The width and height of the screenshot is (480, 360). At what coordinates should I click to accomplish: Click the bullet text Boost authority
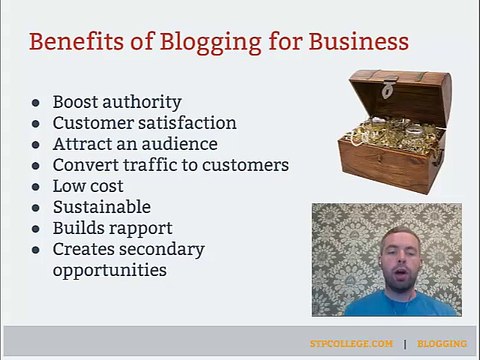(117, 102)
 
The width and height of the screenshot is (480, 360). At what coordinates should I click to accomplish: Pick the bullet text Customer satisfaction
(144, 123)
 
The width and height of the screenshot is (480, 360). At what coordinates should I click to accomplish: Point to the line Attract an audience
(135, 144)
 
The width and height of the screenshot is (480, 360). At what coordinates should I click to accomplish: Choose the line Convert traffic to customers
(170, 165)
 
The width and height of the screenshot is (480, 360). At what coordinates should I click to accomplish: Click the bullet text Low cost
(88, 186)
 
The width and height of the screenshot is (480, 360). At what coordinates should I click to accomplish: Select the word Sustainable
(101, 207)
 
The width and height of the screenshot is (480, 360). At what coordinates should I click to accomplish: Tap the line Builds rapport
(112, 228)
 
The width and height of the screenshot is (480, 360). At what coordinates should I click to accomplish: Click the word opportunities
(109, 270)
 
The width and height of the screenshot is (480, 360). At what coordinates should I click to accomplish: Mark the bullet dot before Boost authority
(36, 103)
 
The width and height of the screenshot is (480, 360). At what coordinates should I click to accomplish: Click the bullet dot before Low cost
(36, 187)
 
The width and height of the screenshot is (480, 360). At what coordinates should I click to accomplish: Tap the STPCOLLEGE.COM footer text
(351, 343)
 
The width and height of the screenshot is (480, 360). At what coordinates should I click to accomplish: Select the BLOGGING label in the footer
(442, 343)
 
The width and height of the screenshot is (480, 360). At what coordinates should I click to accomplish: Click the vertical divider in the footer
(405, 343)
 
